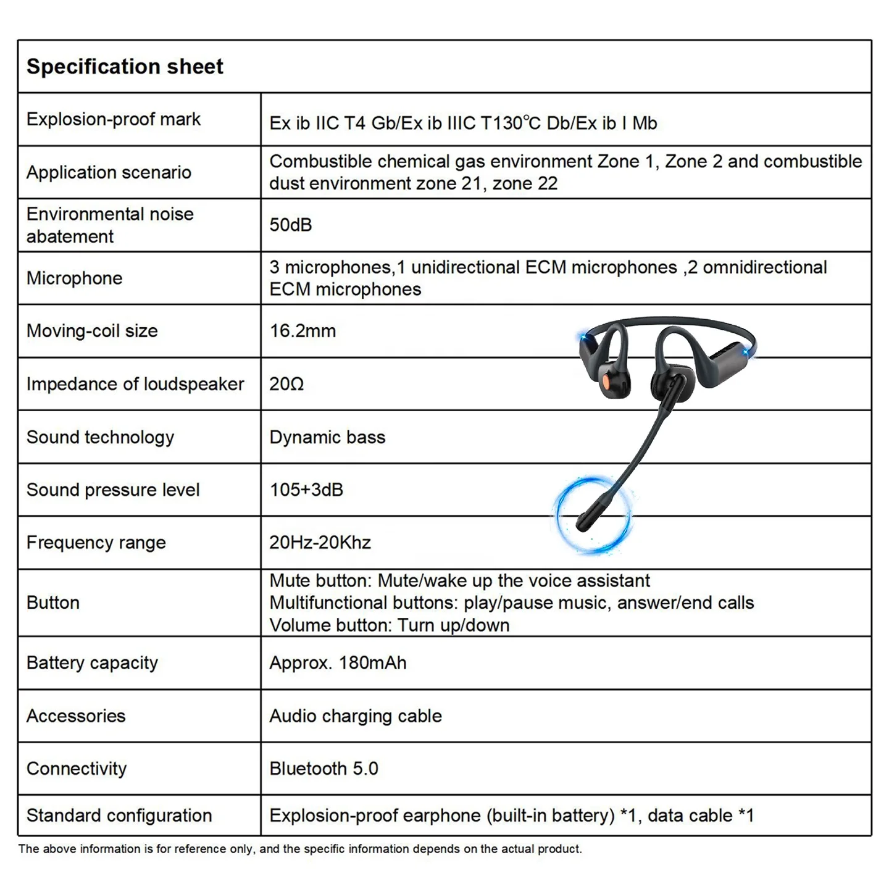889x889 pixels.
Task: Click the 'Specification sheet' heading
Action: pos(125,67)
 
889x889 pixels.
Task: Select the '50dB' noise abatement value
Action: pos(290,225)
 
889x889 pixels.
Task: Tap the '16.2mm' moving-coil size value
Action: pos(303,331)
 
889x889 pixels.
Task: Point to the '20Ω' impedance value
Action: pos(286,384)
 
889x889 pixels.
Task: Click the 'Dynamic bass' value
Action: pos(327,437)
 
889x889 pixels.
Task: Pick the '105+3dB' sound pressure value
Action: pos(306,490)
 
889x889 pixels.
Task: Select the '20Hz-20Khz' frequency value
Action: pos(320,543)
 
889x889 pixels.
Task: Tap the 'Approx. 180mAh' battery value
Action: pos(338,663)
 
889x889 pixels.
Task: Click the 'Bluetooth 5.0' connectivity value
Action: pos(323,769)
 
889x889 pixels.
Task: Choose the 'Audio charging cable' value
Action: pos(356,716)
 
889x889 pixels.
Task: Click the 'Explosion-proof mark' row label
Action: pos(114,119)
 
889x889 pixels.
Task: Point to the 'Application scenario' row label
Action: pos(109,172)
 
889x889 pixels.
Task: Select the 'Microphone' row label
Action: pos(74,278)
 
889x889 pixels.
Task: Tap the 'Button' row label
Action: pos(53,603)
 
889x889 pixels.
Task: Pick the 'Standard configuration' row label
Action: pos(119,816)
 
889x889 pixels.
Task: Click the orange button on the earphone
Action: pos(607,378)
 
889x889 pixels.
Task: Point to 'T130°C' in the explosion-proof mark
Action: pos(511,123)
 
